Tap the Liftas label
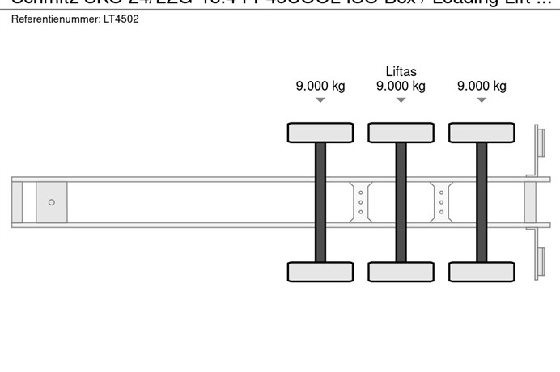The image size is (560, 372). click(401, 71)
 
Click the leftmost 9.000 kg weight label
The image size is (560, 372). click(320, 87)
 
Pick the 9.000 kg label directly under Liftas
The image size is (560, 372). click(401, 87)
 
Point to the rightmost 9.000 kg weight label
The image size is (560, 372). click(482, 87)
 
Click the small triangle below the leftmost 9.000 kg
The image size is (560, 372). click(320, 100)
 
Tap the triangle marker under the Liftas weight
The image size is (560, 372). click(401, 100)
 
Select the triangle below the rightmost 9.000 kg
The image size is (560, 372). click(482, 100)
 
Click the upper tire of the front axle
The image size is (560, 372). click(320, 133)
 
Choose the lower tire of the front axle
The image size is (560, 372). click(320, 272)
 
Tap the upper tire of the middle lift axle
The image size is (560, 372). click(401, 133)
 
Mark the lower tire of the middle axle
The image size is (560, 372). click(401, 272)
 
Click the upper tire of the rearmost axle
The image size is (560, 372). click(482, 133)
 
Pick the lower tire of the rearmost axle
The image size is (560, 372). click(482, 272)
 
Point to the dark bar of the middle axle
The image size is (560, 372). click(401, 202)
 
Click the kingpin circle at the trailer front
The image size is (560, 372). click(52, 202)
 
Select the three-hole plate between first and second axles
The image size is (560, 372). click(360, 201)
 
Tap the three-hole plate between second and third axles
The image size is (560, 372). click(441, 201)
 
